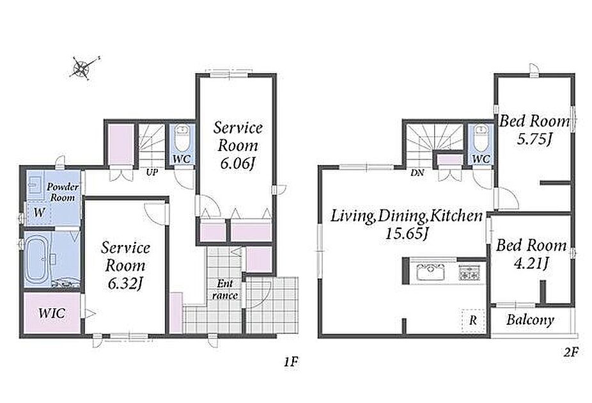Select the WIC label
coord(52,313)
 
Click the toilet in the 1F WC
coord(182,139)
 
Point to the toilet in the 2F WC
coord(481,139)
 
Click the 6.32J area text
coord(125,283)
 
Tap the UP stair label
coord(152,173)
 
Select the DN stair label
coord(417,173)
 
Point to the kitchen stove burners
coord(469,273)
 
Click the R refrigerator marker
coord(473,320)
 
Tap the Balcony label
coord(530,320)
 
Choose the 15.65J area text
coord(407,234)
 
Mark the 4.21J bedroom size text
coord(531,264)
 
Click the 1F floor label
coord(292,363)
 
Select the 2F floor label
coord(571,352)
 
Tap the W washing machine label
coord(39,212)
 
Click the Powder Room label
coord(63,192)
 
